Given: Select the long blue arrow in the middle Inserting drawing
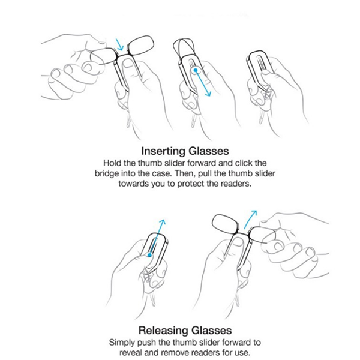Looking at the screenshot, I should point(202,82).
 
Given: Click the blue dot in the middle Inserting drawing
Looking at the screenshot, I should point(196,70).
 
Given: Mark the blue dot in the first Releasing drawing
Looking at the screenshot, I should point(149,255).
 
